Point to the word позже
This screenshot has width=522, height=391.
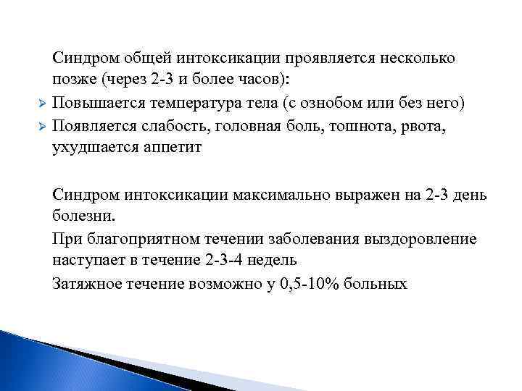point(74,80)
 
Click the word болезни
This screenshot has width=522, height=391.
point(83,216)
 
